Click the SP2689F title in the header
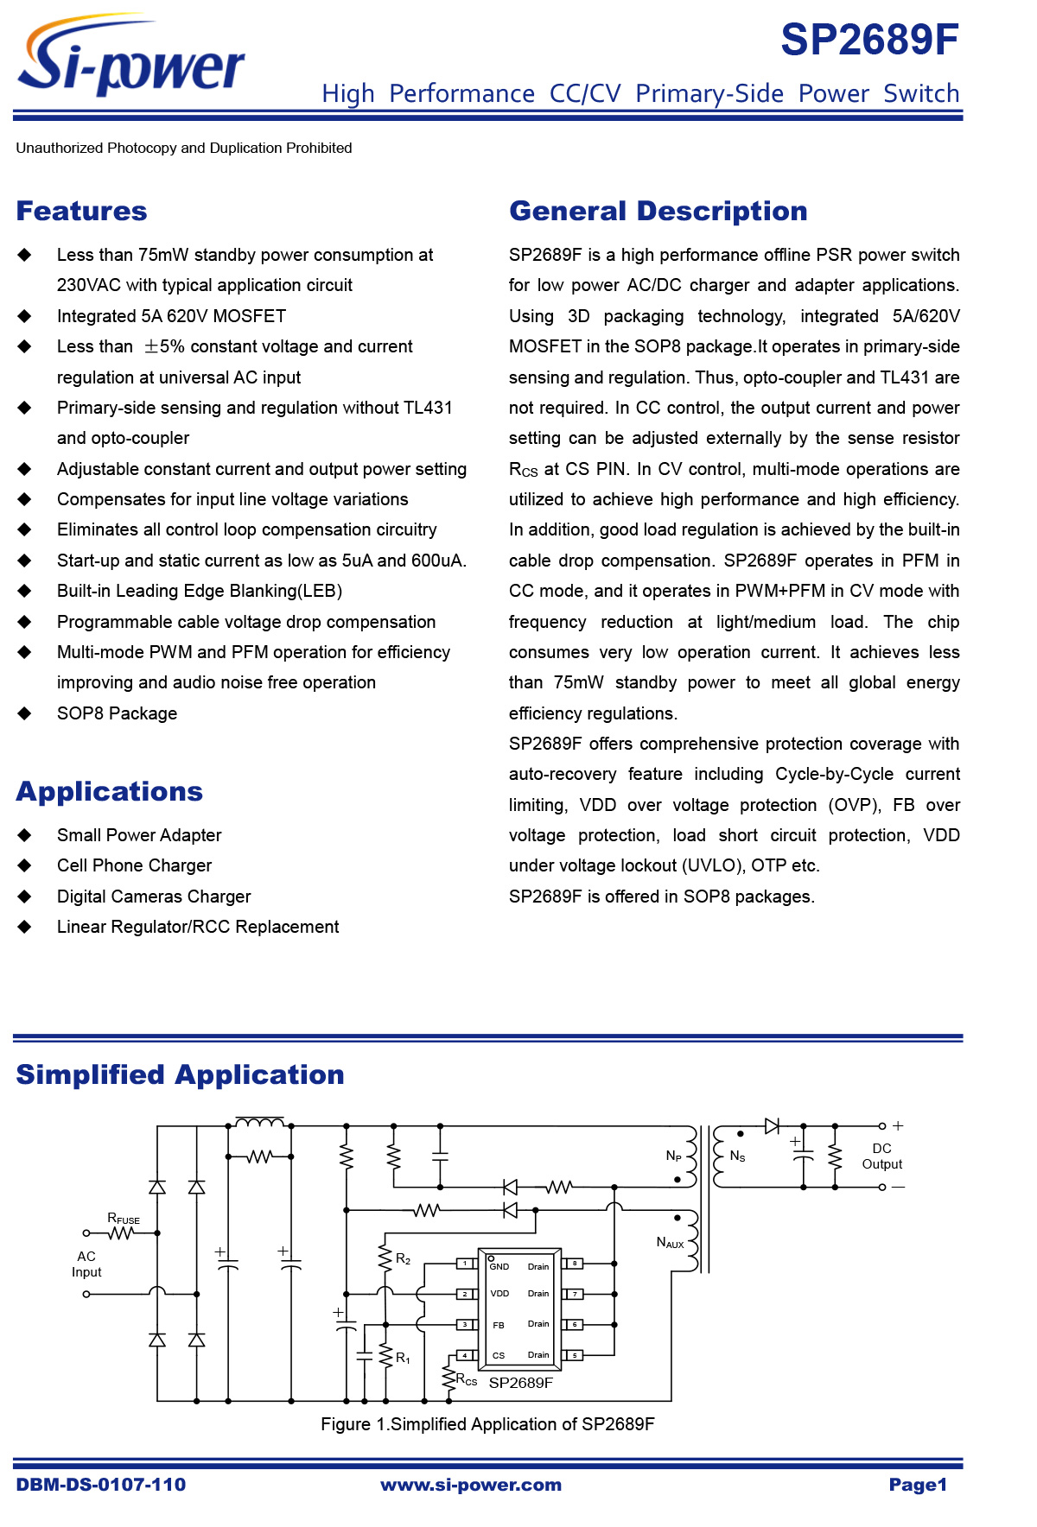tap(869, 40)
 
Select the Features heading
tap(81, 212)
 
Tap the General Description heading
tap(658, 212)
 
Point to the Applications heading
tap(109, 792)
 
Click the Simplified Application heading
tap(180, 1075)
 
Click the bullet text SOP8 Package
tap(117, 713)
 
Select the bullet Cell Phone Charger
tap(134, 865)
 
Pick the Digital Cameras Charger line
tap(154, 897)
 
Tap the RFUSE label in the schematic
tap(123, 1219)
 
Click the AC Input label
tap(86, 1264)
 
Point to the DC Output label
tap(881, 1156)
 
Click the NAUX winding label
tap(670, 1243)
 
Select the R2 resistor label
tap(403, 1259)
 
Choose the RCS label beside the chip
tap(467, 1380)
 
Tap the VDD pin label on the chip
tap(499, 1294)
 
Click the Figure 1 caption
tap(487, 1424)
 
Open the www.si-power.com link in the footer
tap(471, 1485)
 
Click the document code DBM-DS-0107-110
tap(100, 1485)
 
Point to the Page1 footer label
tap(918, 1485)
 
